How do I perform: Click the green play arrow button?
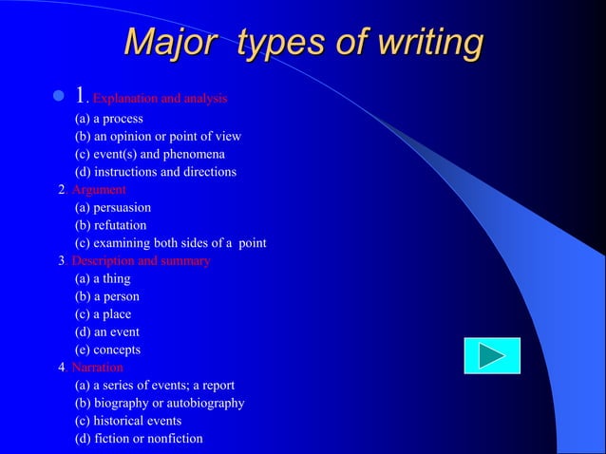492,355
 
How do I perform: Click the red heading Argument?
99,190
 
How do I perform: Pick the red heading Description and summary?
141,261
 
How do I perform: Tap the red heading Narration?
97,368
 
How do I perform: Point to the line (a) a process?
109,119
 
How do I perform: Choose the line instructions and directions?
156,172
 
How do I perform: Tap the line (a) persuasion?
113,207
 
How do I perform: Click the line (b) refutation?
111,225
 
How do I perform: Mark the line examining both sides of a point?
171,243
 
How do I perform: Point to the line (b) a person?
107,296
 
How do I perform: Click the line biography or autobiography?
160,403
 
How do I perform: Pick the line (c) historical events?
128,421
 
